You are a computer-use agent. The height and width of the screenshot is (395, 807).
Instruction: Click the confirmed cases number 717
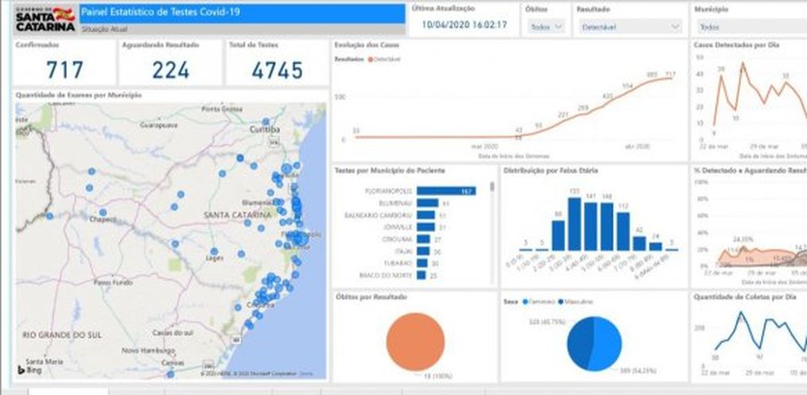click(64, 70)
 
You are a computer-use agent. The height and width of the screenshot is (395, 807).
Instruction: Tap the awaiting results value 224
click(170, 70)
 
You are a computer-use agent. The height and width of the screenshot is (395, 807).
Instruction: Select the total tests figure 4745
click(277, 70)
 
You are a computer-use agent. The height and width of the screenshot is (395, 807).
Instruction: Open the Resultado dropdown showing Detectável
click(629, 26)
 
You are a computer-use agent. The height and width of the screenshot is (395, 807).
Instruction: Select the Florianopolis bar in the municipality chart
click(445, 192)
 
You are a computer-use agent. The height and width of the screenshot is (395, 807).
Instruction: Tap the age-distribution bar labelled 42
click(639, 242)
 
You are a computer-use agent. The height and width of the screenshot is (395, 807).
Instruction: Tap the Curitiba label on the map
click(265, 130)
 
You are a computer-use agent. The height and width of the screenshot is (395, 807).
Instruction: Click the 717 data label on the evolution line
click(670, 74)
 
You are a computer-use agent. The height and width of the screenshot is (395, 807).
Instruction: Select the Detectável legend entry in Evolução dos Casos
click(386, 60)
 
